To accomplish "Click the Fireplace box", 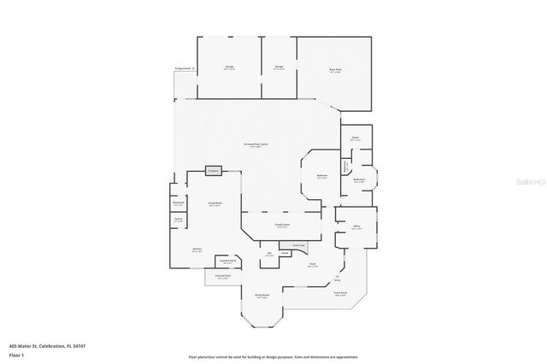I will (x=214, y=171).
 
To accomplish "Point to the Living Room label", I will (x=215, y=203).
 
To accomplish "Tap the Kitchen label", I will (x=197, y=250).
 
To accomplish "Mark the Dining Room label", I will (x=262, y=296).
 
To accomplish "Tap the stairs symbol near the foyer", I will (x=298, y=245).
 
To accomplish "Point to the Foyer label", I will (x=313, y=265).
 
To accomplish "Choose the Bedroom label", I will (x=322, y=176).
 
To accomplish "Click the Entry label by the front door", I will (x=338, y=279).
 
